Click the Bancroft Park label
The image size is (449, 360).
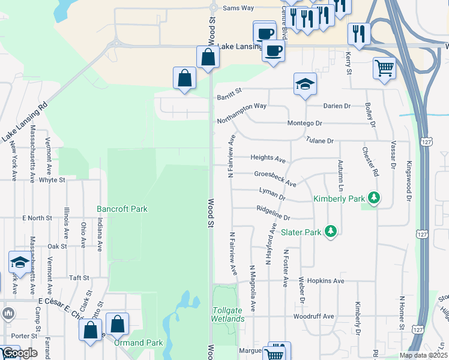click(122, 209)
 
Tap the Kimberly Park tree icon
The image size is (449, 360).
click(375, 197)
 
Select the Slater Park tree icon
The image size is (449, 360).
click(330, 231)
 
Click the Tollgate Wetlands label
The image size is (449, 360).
click(228, 314)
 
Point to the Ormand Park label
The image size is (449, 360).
click(138, 343)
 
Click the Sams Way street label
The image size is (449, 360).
click(238, 8)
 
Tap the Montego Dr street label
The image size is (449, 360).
click(306, 123)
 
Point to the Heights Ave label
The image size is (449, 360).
click(268, 159)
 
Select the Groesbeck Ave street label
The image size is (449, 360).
click(275, 178)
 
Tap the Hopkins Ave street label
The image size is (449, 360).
click(325, 281)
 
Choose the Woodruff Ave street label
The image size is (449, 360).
click(313, 316)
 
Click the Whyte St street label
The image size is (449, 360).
click(52, 179)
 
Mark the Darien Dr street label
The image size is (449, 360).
click(337, 106)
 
